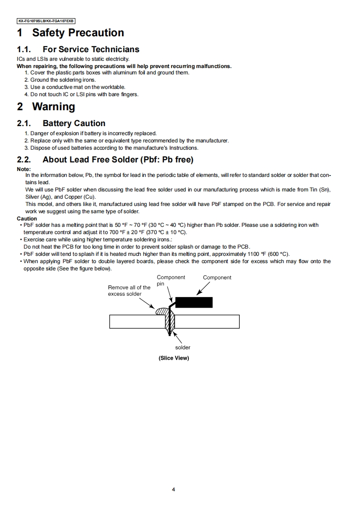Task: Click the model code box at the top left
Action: [x=46, y=21]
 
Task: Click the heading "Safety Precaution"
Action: [x=78, y=33]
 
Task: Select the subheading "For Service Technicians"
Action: [x=91, y=49]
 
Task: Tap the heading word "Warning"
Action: [x=54, y=107]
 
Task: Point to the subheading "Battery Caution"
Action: [x=74, y=123]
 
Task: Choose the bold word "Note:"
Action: [x=24, y=169]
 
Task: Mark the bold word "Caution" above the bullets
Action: [x=27, y=219]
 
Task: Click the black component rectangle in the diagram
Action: [x=194, y=303]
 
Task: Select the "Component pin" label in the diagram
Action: [x=170, y=280]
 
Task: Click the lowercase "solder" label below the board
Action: [x=182, y=347]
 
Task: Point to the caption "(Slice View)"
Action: [x=173, y=358]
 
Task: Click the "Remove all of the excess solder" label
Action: [x=129, y=290]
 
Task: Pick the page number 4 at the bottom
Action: [x=173, y=489]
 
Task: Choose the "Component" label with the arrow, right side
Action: [x=217, y=277]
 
